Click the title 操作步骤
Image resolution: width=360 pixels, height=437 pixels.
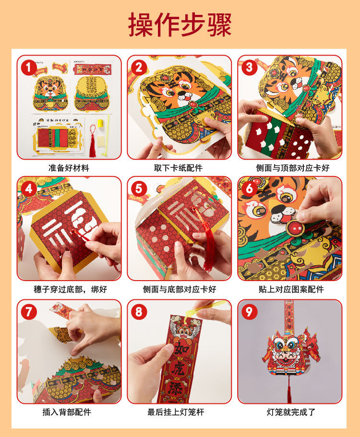tap(180, 24)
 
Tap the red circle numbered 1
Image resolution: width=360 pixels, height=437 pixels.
tap(28, 68)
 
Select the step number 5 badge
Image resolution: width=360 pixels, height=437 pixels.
tap(139, 189)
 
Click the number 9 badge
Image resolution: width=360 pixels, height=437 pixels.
tap(249, 312)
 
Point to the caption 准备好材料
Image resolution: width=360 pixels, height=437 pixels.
tap(69, 168)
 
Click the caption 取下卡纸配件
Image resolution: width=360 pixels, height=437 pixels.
tap(179, 168)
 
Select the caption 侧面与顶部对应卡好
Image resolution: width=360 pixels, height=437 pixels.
tap(293, 168)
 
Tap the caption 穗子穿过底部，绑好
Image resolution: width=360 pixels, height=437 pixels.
tap(71, 289)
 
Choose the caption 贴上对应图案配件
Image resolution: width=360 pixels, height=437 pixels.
tap(291, 289)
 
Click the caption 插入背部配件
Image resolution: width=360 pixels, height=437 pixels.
tap(67, 412)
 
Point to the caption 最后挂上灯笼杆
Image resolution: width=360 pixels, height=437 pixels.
tap(176, 412)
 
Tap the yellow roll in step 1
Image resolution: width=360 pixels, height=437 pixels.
tap(100, 123)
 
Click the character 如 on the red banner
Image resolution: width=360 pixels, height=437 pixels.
tap(181, 348)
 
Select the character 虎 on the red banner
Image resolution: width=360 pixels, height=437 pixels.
tap(180, 369)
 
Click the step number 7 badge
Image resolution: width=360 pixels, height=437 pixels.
tap(28, 312)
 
